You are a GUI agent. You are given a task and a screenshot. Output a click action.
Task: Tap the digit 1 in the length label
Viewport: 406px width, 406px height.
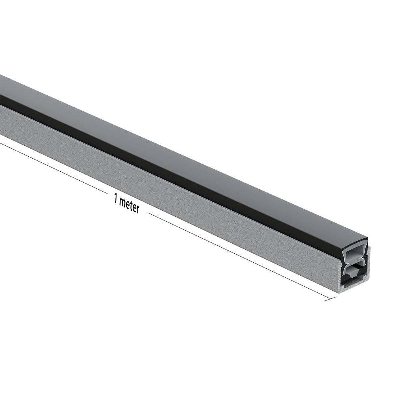116,199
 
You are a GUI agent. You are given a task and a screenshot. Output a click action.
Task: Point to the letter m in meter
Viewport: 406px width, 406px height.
122,202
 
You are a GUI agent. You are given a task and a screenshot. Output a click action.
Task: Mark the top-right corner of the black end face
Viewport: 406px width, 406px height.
367,239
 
